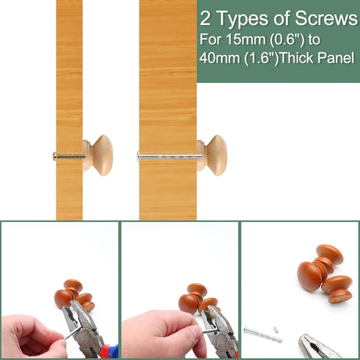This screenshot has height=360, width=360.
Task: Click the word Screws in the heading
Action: [x=326, y=18]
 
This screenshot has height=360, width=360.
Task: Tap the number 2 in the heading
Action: [x=205, y=19]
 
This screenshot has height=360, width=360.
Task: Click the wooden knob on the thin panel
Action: [x=98, y=155]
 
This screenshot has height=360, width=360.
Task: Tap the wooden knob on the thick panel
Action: [x=212, y=155]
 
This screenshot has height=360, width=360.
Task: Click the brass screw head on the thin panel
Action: [x=54, y=156]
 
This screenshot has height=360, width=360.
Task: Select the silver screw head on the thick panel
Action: [x=138, y=156]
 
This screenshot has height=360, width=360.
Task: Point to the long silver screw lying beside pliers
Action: [x=263, y=334]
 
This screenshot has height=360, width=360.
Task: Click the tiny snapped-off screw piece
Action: [x=276, y=329]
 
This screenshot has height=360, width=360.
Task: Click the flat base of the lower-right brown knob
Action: [x=340, y=297]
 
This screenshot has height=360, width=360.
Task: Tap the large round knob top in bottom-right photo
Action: [x=309, y=276]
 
